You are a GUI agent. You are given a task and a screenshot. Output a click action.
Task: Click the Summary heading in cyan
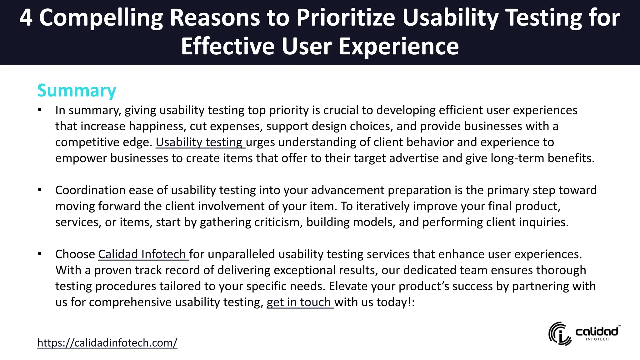pyautogui.click(x=77, y=91)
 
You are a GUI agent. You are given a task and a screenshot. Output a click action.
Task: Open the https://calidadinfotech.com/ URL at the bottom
pyautogui.click(x=107, y=343)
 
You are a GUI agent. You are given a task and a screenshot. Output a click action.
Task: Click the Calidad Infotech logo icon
pyautogui.click(x=560, y=333)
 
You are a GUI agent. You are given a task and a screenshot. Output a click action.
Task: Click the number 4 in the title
pyautogui.click(x=26, y=17)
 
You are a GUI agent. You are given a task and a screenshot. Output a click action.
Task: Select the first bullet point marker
pyautogui.click(x=39, y=110)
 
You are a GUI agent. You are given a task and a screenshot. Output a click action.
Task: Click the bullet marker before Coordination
pyautogui.click(x=39, y=190)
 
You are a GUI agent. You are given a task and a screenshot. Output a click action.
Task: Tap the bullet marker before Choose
pyautogui.click(x=39, y=254)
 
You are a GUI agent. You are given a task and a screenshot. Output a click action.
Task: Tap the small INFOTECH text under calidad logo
pyautogui.click(x=597, y=339)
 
